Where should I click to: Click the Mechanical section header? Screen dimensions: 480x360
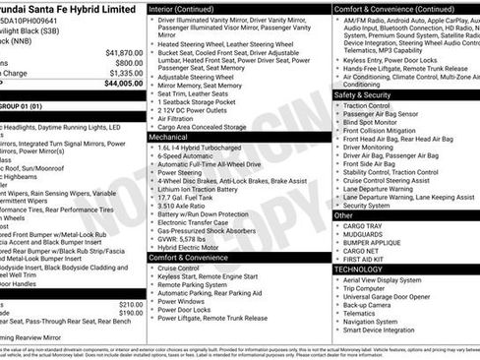coord(168,138)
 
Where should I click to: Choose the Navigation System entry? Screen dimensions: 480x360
coord(372,321)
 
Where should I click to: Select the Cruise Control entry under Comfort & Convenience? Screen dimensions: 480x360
coord(178,269)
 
